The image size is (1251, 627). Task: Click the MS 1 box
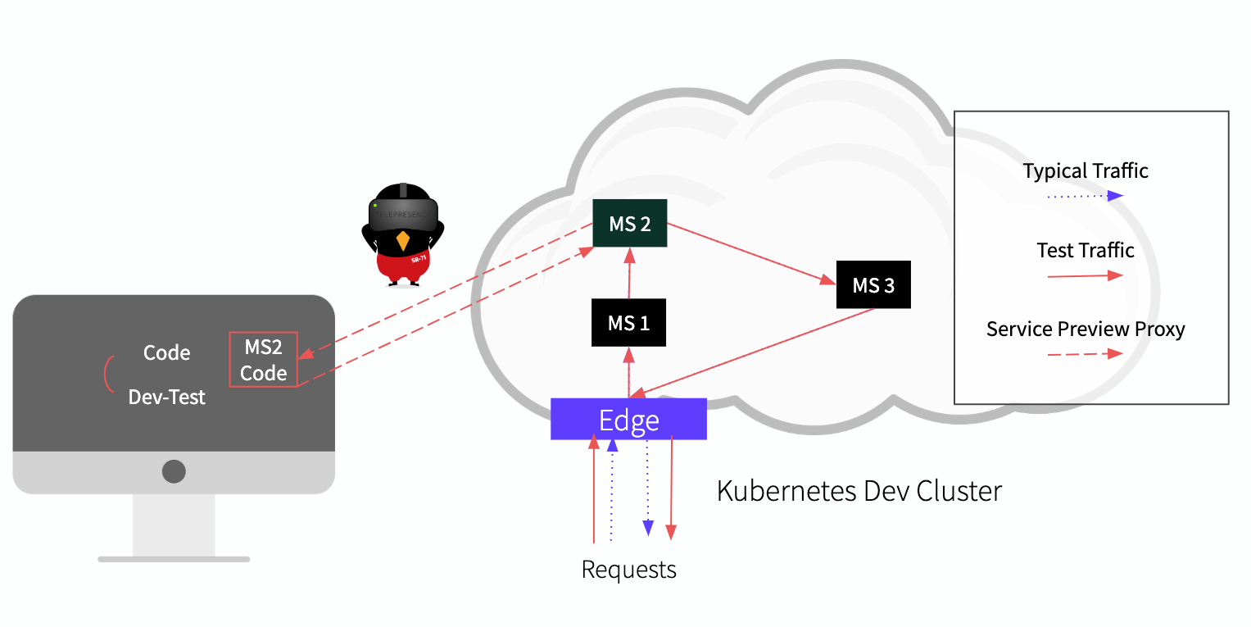pos(628,323)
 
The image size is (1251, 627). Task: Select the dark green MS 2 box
pos(630,224)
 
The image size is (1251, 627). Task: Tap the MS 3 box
pos(873,285)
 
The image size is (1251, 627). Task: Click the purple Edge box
pos(628,420)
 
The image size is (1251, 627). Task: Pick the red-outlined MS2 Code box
pos(263,360)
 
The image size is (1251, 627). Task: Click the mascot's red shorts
pos(403,262)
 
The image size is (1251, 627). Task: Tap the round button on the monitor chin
pos(174,471)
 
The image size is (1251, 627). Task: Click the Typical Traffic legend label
pos(1085,171)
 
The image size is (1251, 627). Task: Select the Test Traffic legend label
pos(1085,250)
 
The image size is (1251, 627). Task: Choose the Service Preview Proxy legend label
pos(1086,329)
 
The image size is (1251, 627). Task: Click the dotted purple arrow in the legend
pos(1085,196)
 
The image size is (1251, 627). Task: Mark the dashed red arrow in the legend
pos(1085,354)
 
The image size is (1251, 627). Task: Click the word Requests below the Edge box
pos(628,570)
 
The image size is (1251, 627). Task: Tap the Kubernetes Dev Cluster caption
pos(859,491)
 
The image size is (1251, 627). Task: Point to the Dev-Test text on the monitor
pos(167,398)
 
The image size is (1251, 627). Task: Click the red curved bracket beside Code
pos(107,375)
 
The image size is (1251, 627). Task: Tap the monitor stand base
pos(174,559)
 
